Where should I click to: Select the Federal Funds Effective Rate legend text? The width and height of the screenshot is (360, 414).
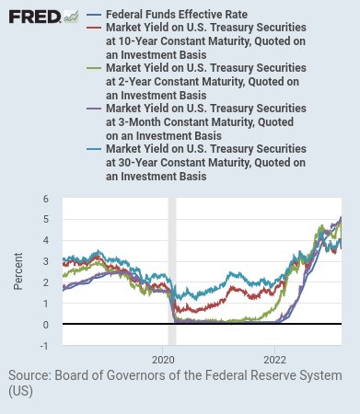[177, 15]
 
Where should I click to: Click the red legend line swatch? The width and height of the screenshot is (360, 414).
[94, 28]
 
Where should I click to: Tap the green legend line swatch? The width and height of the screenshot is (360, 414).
[94, 68]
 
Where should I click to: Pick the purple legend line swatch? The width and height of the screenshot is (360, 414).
[94, 109]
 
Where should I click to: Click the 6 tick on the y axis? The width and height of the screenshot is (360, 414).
[46, 199]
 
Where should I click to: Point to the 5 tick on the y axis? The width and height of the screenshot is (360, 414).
[46, 220]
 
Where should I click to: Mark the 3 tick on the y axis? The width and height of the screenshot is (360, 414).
[46, 261]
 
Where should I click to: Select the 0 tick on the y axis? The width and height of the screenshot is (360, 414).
[46, 325]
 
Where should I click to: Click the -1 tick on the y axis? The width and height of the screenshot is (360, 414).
[44, 346]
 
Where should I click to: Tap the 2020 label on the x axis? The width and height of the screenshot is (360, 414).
[163, 360]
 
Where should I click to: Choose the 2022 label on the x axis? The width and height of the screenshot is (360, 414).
[274, 360]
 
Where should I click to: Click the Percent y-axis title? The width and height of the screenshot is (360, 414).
[18, 271]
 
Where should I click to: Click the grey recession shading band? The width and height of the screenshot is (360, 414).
[172, 271]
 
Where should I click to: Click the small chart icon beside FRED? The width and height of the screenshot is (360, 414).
[71, 17]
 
